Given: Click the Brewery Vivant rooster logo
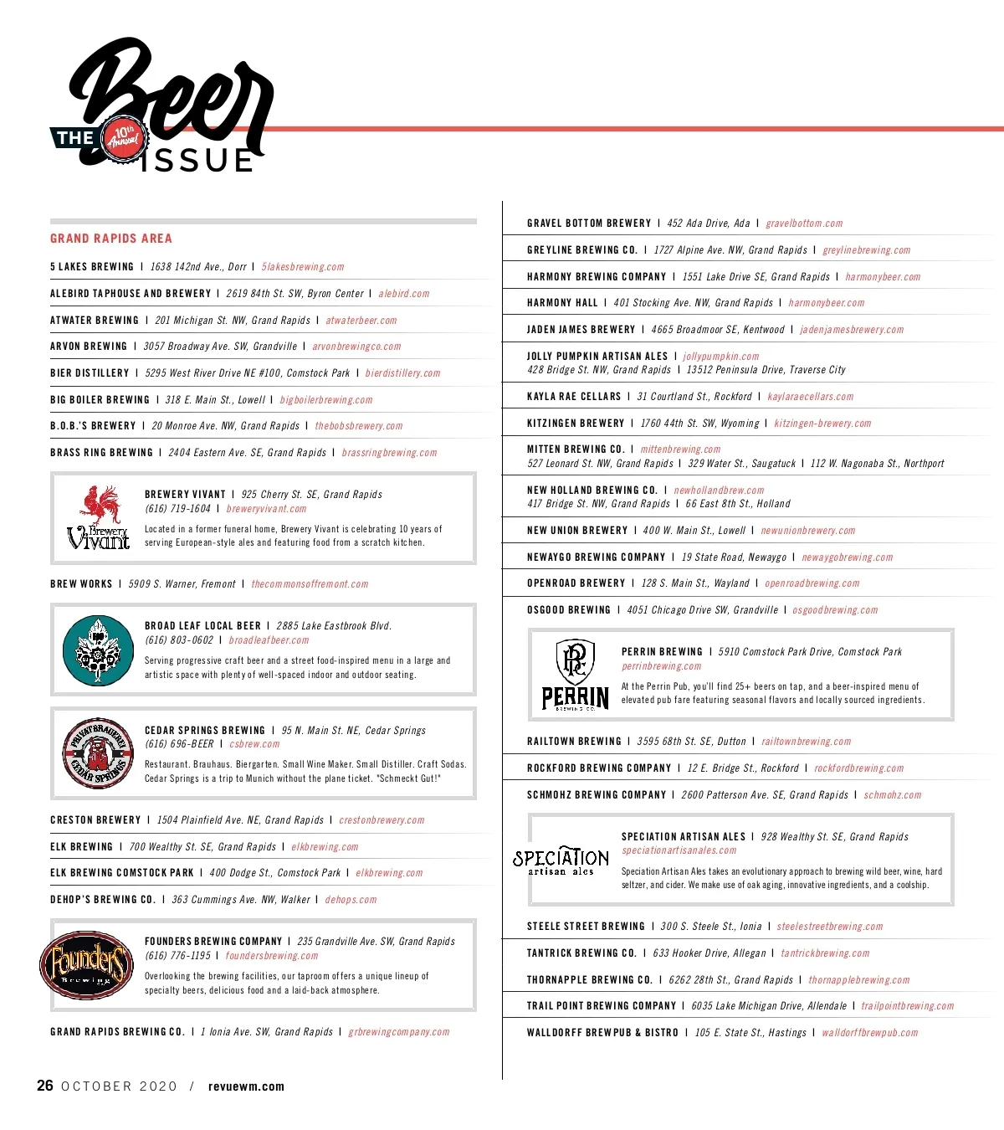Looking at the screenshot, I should pyautogui.click(x=99, y=518).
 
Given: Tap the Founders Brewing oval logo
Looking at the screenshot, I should pyautogui.click(x=86, y=965).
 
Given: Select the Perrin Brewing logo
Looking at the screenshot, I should pyautogui.click(x=576, y=675).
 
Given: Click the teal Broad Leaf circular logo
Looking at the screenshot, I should pyautogui.click(x=99, y=650).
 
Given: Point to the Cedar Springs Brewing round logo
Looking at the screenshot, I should pyautogui.click(x=99, y=753).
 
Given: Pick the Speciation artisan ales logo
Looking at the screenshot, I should pyautogui.click(x=561, y=860).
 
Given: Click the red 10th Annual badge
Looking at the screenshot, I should pyautogui.click(x=124, y=137).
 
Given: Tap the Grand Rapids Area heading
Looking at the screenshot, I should pyautogui.click(x=111, y=239).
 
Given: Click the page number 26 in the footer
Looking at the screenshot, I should pyautogui.click(x=45, y=1086).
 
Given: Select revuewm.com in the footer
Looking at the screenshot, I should pyautogui.click(x=246, y=1086).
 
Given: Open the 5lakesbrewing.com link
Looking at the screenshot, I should pyautogui.click(x=303, y=267).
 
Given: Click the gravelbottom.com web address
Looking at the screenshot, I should pyautogui.click(x=804, y=223).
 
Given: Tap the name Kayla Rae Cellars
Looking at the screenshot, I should pyautogui.click(x=574, y=397).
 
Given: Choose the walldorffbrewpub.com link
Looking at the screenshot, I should pyautogui.click(x=869, y=1033).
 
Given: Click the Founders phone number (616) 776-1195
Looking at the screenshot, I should pyautogui.click(x=178, y=956).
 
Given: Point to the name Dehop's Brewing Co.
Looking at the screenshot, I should pyautogui.click(x=103, y=900).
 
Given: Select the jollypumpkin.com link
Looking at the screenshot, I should pyautogui.click(x=720, y=357).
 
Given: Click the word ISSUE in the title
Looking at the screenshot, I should pyautogui.click(x=197, y=161).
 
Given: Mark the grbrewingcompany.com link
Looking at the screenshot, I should pyautogui.click(x=398, y=1032).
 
